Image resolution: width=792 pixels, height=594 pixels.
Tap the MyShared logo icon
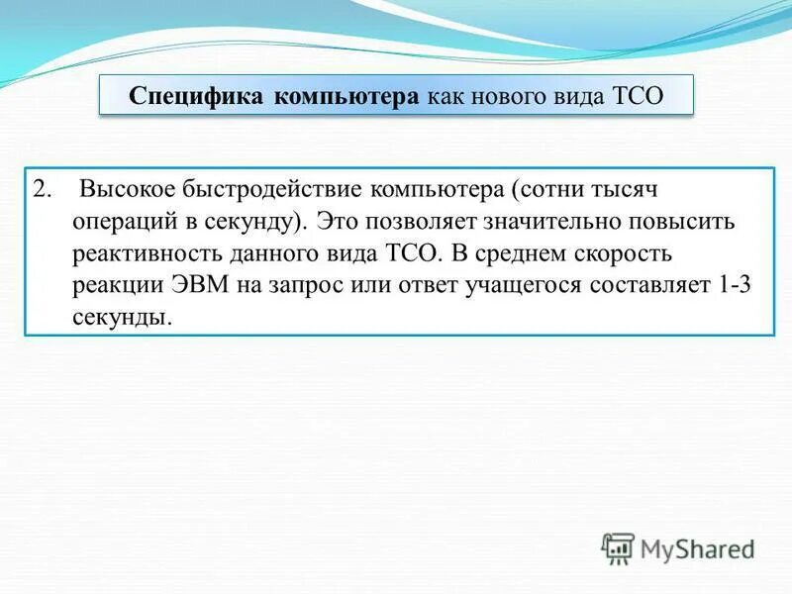tap(618, 547)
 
